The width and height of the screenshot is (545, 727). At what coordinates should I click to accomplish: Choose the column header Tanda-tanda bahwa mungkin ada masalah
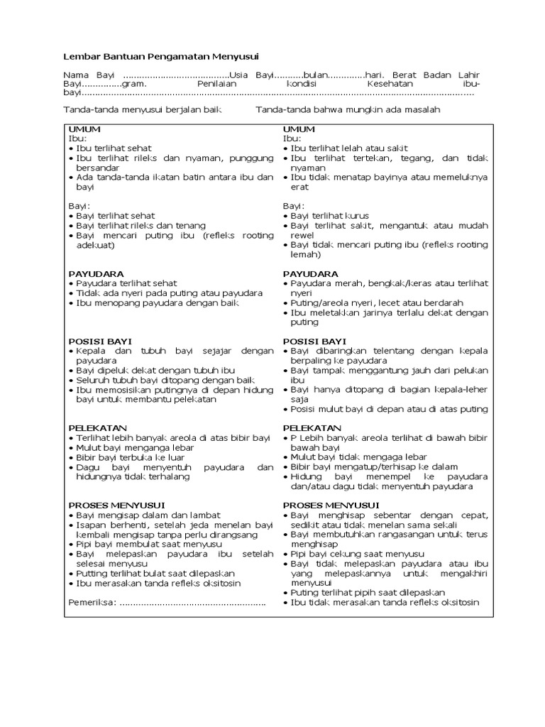[348, 109]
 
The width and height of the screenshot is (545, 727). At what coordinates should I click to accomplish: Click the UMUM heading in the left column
[84, 129]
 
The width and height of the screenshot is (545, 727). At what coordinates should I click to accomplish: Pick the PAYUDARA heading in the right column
[310, 273]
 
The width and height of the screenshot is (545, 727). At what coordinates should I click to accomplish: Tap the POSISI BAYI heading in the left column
[100, 341]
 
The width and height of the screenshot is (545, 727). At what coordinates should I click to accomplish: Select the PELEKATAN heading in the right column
[312, 428]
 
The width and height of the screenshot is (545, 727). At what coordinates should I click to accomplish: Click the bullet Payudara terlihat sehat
[126, 283]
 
